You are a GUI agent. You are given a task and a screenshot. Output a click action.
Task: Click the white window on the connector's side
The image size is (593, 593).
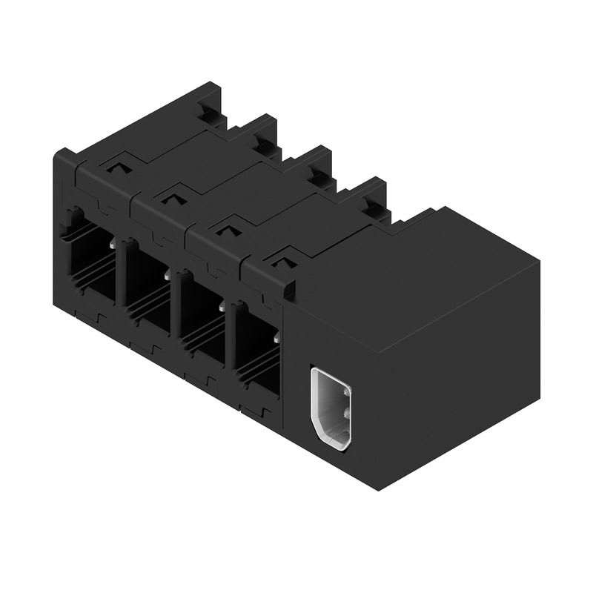[x=331, y=407]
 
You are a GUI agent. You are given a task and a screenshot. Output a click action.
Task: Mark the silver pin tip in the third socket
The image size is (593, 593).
[x=222, y=305]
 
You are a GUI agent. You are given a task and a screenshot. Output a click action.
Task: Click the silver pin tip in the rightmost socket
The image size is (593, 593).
[x=276, y=337]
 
